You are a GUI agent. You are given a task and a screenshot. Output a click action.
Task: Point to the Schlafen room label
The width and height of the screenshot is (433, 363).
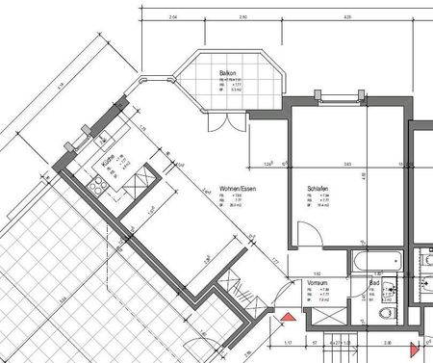[318, 189]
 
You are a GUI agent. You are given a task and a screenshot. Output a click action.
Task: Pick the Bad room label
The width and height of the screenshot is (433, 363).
[374, 282]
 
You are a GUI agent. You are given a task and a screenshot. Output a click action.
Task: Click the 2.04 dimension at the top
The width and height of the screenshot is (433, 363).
[173, 17]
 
